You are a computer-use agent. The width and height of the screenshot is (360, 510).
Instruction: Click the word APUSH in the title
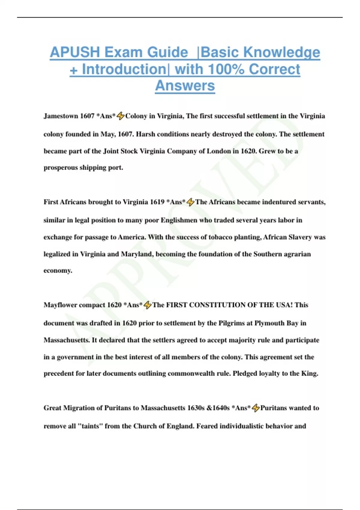click(x=75, y=52)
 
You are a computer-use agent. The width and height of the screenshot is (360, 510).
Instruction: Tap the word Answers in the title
click(x=185, y=85)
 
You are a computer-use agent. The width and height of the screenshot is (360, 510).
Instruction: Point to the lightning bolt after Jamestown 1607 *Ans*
click(x=121, y=116)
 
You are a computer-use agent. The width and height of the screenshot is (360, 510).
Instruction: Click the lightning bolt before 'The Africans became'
click(x=190, y=202)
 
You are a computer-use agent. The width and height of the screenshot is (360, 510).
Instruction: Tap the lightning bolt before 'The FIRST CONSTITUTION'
click(x=148, y=305)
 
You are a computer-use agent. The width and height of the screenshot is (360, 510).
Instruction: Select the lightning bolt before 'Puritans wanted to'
click(x=256, y=408)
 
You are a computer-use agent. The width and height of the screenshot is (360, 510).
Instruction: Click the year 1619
click(x=157, y=202)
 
